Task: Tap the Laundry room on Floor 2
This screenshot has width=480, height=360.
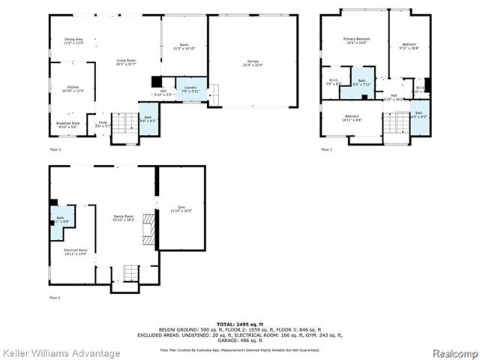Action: (x=190, y=89)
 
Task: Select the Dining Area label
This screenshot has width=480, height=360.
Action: (x=73, y=41)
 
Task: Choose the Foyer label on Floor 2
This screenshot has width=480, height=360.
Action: (x=102, y=124)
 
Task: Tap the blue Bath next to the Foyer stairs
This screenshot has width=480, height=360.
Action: (x=148, y=119)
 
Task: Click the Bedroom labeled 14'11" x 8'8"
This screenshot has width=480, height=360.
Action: (x=352, y=118)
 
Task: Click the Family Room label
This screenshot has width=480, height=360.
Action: (x=123, y=218)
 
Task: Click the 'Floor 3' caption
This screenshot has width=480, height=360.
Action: (x=326, y=150)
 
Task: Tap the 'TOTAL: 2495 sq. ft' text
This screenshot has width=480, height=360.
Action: (x=239, y=322)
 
